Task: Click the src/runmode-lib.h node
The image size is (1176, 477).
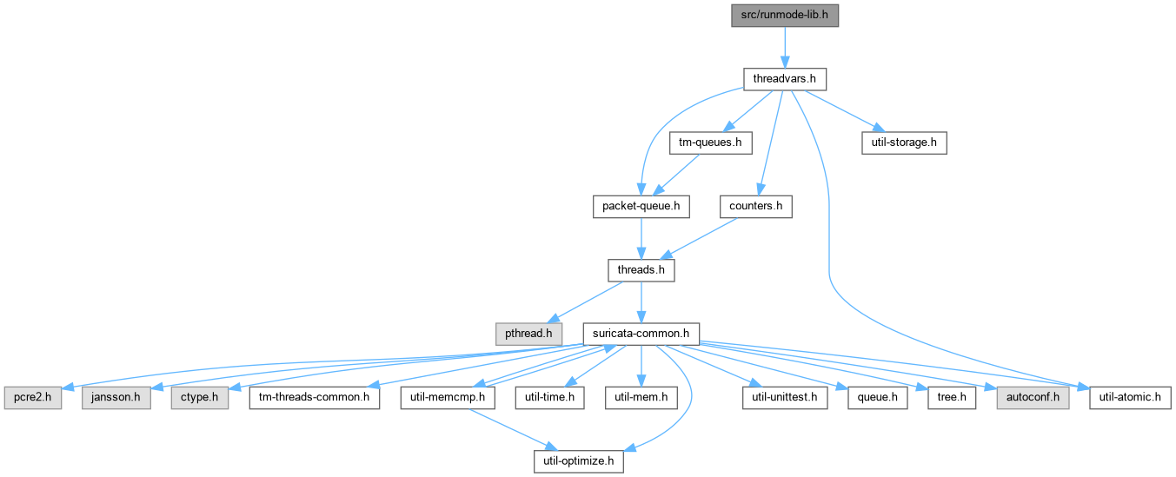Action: (x=785, y=16)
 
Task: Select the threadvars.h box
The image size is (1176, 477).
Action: (x=785, y=79)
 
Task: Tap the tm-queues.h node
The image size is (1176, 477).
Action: (x=710, y=142)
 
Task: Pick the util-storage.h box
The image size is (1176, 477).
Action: (x=904, y=142)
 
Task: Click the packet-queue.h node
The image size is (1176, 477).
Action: (x=641, y=207)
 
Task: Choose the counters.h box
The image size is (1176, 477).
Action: (x=756, y=207)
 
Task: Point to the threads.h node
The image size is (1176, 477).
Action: (x=641, y=270)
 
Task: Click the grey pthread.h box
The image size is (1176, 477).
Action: (x=528, y=334)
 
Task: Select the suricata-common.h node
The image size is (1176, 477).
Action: (x=641, y=334)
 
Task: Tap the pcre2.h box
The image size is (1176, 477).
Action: (x=33, y=398)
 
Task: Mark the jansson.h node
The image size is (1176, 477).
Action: (x=116, y=398)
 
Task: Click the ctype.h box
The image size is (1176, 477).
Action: (x=200, y=398)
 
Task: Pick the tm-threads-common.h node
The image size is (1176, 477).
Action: (x=315, y=398)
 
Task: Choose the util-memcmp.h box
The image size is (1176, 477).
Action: (x=448, y=398)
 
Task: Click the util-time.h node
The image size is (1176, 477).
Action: (x=549, y=398)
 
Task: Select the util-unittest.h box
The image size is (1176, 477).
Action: (x=785, y=398)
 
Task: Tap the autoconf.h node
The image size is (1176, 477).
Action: (x=1033, y=398)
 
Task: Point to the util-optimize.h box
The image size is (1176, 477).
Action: (x=579, y=461)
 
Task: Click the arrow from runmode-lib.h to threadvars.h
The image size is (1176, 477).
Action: (x=785, y=47)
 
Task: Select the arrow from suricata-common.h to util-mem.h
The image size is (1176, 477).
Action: (x=641, y=366)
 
